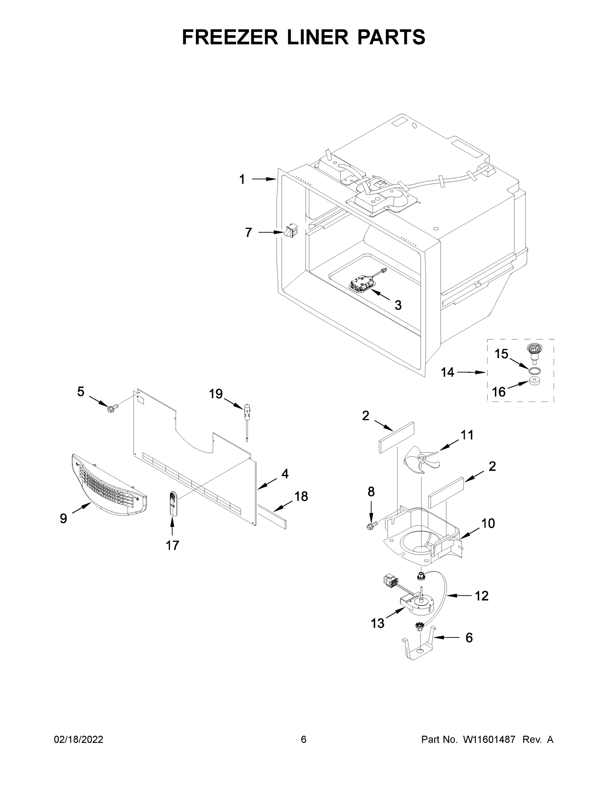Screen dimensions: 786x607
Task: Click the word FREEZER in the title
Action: tap(230, 37)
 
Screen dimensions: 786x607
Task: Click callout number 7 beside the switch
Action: tap(248, 233)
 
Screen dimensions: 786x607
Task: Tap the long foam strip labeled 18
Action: tap(272, 516)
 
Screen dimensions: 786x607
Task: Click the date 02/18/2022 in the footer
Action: tap(79, 739)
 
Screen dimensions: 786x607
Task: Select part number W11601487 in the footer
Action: tap(489, 739)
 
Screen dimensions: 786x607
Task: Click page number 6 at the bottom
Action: tap(304, 739)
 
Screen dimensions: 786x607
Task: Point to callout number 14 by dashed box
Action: tap(448, 372)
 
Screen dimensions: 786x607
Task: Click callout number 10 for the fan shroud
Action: tap(488, 523)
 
